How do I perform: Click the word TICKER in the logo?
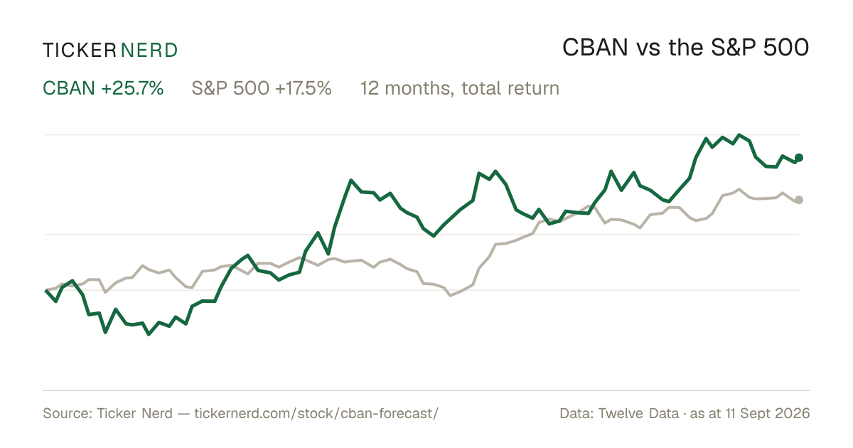coord(80,50)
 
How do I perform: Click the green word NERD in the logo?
coord(149,50)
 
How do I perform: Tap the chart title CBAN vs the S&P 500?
coord(685,48)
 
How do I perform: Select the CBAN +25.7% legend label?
coord(103,88)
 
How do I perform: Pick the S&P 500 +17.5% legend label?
coord(262,88)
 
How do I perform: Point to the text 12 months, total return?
coord(460,88)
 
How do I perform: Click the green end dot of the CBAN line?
coord(799,157)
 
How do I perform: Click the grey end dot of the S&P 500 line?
coord(799,200)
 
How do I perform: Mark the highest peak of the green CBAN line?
coord(739,135)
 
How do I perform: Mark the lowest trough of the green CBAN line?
coord(149,334)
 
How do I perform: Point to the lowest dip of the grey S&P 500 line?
coord(450,295)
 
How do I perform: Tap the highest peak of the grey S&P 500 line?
coord(739,189)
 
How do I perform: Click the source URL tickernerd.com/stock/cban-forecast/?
coord(316,413)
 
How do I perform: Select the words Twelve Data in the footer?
coord(638,413)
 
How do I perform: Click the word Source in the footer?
coord(65,413)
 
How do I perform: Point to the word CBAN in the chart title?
coord(595,48)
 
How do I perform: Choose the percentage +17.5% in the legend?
coord(303,88)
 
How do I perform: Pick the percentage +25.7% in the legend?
coord(132,88)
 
